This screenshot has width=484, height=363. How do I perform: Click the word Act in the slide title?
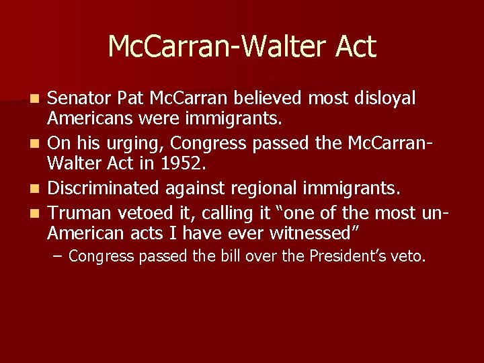(353, 47)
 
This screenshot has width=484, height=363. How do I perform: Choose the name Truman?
(80, 214)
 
